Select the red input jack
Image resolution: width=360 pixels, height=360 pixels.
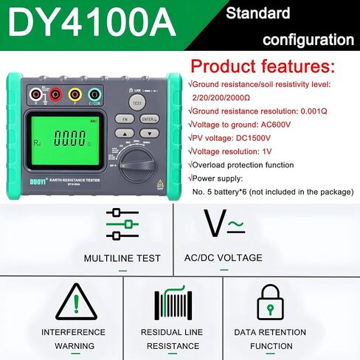(x=53, y=94)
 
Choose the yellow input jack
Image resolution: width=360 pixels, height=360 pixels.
(x=73, y=94)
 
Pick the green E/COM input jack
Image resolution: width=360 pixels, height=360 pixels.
(x=94, y=94)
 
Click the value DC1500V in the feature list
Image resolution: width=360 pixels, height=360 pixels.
(x=251, y=137)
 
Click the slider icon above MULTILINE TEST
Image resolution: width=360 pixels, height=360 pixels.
(x=122, y=224)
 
